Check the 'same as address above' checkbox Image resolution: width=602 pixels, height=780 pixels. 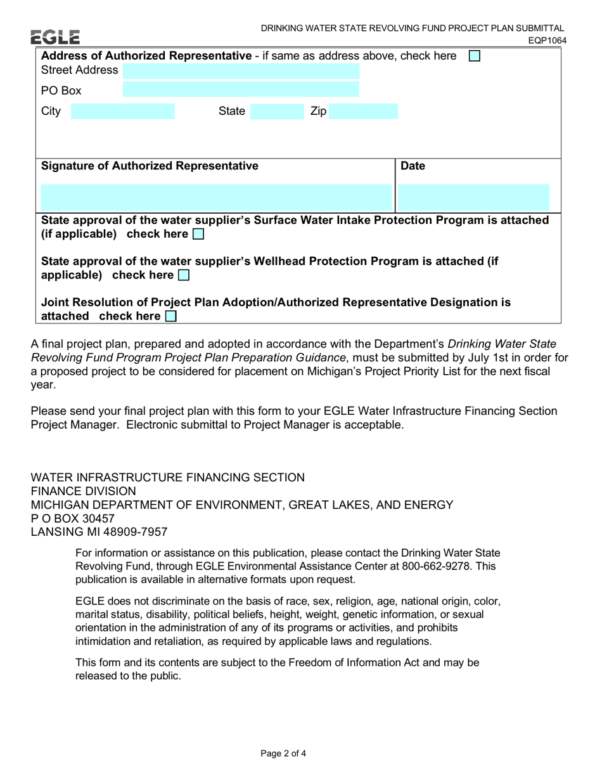(474, 56)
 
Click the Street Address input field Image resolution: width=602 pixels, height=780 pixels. (241, 70)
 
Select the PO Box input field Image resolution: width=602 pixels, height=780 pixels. (241, 89)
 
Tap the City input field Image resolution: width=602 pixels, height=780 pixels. (122, 112)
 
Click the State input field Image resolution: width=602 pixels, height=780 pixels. (276, 112)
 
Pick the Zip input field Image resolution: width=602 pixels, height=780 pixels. (363, 112)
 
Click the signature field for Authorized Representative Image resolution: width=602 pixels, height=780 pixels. (216, 197)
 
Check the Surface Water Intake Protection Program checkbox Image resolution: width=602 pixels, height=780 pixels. (198, 235)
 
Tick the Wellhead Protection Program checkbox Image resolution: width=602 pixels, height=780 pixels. (183, 275)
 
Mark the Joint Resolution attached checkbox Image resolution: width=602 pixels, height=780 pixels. (170, 316)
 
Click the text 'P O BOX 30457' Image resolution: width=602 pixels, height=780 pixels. (73, 518)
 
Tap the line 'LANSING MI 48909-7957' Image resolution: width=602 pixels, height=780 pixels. (99, 532)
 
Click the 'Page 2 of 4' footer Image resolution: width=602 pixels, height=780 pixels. (283, 753)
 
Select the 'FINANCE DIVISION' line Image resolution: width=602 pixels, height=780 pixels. (83, 491)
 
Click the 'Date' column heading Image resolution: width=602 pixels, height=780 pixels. (413, 166)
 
